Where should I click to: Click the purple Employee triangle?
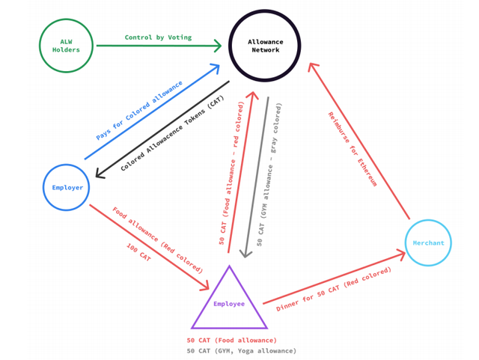click(x=210, y=297)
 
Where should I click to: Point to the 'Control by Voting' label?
click(x=158, y=37)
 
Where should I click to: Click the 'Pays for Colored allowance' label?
click(x=139, y=110)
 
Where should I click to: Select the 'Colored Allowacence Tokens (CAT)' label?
click(x=172, y=133)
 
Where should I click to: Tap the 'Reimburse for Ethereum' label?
click(x=353, y=149)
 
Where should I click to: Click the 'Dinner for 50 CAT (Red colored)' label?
click(x=334, y=289)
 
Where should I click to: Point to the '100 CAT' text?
click(x=138, y=252)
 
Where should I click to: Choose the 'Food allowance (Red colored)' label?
click(x=157, y=240)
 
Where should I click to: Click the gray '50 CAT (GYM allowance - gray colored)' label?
click(x=269, y=174)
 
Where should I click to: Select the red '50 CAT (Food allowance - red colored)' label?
click(x=231, y=174)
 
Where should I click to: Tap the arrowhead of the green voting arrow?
click(x=218, y=46)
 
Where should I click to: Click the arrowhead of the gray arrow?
click(x=245, y=254)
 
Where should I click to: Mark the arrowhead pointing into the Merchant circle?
click(x=401, y=254)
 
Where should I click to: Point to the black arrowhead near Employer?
click(x=100, y=174)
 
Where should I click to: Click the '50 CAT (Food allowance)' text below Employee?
click(x=232, y=341)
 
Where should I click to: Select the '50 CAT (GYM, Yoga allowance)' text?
click(x=242, y=351)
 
